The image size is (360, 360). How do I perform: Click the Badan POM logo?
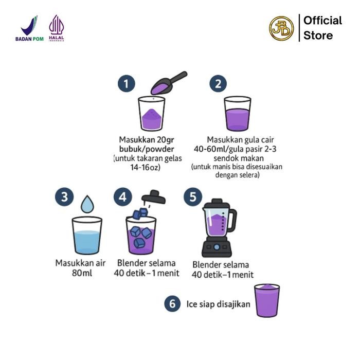29,29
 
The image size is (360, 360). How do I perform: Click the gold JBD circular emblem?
281,28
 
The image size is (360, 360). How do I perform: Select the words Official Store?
322,28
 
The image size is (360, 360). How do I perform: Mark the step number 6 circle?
172,303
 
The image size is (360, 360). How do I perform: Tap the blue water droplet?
87,204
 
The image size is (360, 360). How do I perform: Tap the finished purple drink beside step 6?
266,300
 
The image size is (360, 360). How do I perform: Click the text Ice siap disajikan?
218,304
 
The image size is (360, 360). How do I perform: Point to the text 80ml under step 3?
82,273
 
